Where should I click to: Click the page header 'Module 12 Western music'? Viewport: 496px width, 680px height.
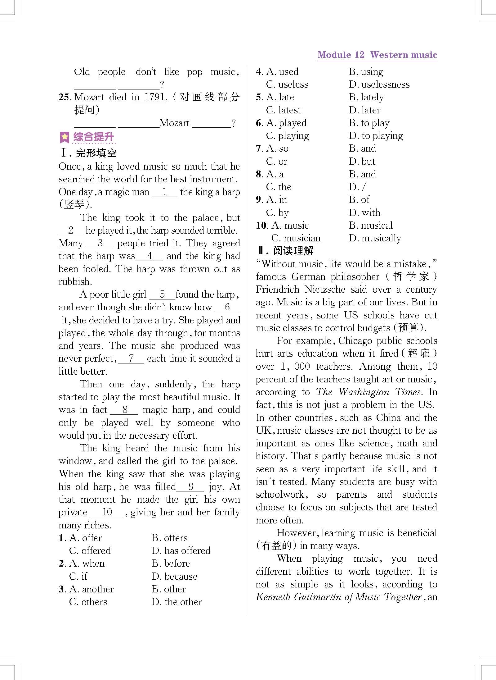pos(377,55)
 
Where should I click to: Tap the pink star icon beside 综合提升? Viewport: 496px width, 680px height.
pos(65,137)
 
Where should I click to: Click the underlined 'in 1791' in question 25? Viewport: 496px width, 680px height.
pos(148,97)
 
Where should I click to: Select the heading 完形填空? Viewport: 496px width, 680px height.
pos(96,153)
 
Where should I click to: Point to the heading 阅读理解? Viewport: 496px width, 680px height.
pos(293,251)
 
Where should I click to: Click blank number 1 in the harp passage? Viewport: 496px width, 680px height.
pos(165,192)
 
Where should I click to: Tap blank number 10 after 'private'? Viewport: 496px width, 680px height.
pos(107,512)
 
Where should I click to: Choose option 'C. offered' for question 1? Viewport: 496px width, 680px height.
pos(90,550)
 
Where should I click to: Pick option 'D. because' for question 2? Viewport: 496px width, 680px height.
pos(174,576)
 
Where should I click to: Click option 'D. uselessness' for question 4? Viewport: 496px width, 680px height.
pos(379,84)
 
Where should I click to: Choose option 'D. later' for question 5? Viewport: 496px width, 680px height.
pos(364,110)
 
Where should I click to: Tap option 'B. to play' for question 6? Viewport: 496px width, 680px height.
pos(369,123)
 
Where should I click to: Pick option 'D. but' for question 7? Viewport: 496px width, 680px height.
pos(362,162)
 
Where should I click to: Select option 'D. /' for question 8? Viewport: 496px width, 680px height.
pos(357,187)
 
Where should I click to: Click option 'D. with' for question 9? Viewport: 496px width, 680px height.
pos(364,212)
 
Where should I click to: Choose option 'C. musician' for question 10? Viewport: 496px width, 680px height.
pos(296,238)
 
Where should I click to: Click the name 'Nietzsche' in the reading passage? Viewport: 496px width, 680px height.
pos(324,290)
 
